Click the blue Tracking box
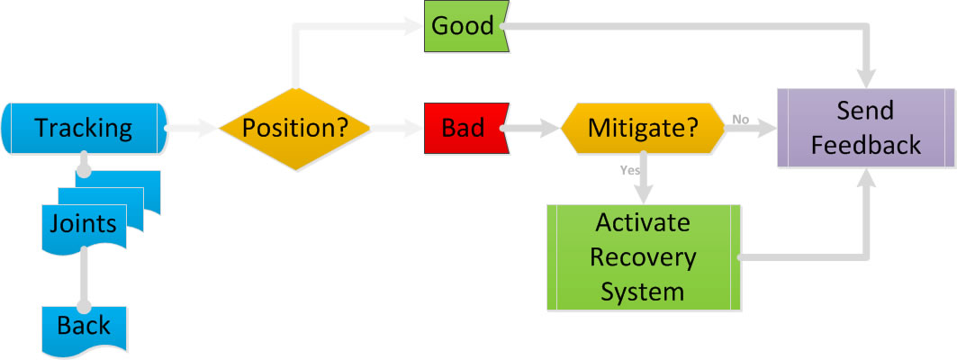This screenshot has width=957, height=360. pos(84,129)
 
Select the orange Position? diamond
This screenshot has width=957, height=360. pos(296,129)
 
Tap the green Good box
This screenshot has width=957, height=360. pos(462,26)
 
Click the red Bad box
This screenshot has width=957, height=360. pos(462,129)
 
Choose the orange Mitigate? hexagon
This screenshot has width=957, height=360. pos(643,129)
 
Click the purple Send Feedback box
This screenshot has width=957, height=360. pos(864,129)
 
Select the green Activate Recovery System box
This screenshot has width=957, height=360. pos(643,257)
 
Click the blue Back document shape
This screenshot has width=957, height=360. pos(83,326)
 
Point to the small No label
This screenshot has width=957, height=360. pos(741,118)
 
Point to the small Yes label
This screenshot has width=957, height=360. pos(629,168)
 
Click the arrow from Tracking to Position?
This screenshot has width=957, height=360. pos(192,129)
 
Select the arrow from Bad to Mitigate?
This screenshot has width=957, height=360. pos(531,129)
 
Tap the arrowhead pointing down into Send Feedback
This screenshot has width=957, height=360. pos(868,76)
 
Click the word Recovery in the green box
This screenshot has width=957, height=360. pos(643,257)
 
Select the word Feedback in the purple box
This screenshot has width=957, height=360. pos(864,145)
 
